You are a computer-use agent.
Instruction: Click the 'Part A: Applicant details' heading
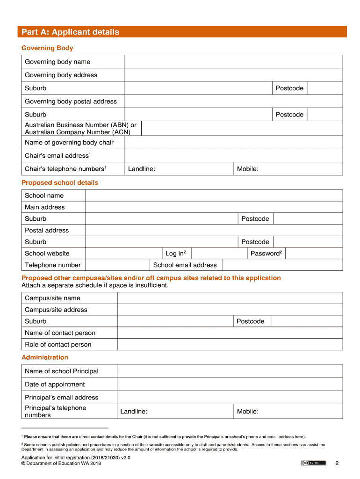click(x=70, y=32)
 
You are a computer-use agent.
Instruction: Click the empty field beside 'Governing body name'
click(x=233, y=62)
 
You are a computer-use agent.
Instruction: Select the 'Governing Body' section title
click(x=47, y=48)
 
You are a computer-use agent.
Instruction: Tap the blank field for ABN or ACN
click(x=241, y=129)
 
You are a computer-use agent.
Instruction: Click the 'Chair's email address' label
click(x=58, y=156)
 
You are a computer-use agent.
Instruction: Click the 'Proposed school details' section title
click(x=60, y=183)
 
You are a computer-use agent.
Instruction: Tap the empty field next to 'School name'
click(x=214, y=196)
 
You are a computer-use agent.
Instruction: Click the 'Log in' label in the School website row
click(x=176, y=254)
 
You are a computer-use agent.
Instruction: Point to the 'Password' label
click(x=266, y=254)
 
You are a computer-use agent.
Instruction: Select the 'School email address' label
click(x=185, y=265)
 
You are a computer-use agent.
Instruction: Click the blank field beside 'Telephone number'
click(x=117, y=265)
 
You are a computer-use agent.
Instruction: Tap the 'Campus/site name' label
click(x=52, y=298)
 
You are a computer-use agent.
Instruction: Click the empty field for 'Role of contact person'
click(x=230, y=345)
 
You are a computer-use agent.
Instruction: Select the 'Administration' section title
click(x=45, y=357)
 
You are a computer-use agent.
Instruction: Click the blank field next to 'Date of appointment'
click(x=230, y=385)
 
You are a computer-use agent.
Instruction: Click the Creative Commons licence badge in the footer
click(x=313, y=463)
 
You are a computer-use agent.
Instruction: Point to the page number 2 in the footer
click(x=336, y=464)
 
